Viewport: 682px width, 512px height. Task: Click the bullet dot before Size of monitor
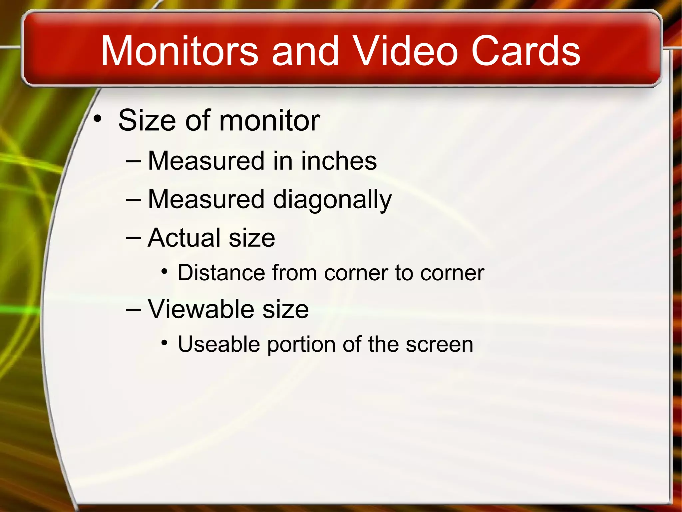tap(97, 118)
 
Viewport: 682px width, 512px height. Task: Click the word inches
tap(339, 161)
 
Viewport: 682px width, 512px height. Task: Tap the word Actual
tap(184, 238)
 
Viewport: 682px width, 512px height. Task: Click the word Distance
tap(221, 273)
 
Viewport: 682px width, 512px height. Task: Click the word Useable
tap(219, 344)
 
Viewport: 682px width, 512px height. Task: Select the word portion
tap(301, 345)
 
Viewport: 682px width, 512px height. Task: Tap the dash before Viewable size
tap(134, 310)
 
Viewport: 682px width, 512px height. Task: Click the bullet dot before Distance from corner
tap(164, 272)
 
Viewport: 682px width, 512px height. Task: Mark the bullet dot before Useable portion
tap(164, 343)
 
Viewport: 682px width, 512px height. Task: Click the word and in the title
tap(305, 52)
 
